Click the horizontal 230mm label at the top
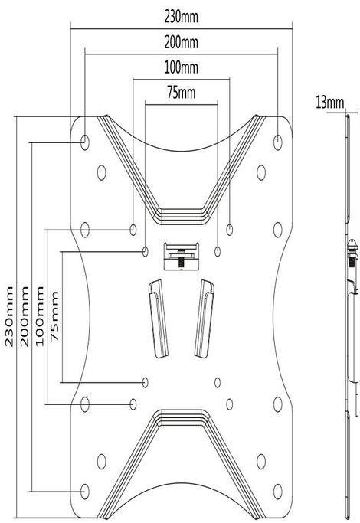click(182, 17)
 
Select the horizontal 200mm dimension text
click(182, 42)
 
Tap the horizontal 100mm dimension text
click(182, 67)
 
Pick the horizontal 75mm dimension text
click(182, 93)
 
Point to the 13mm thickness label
click(329, 103)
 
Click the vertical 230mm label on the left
click(9, 316)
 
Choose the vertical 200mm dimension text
click(25, 316)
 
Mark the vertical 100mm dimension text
click(40, 316)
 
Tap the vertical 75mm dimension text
click(54, 316)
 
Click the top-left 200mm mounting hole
click(85, 142)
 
